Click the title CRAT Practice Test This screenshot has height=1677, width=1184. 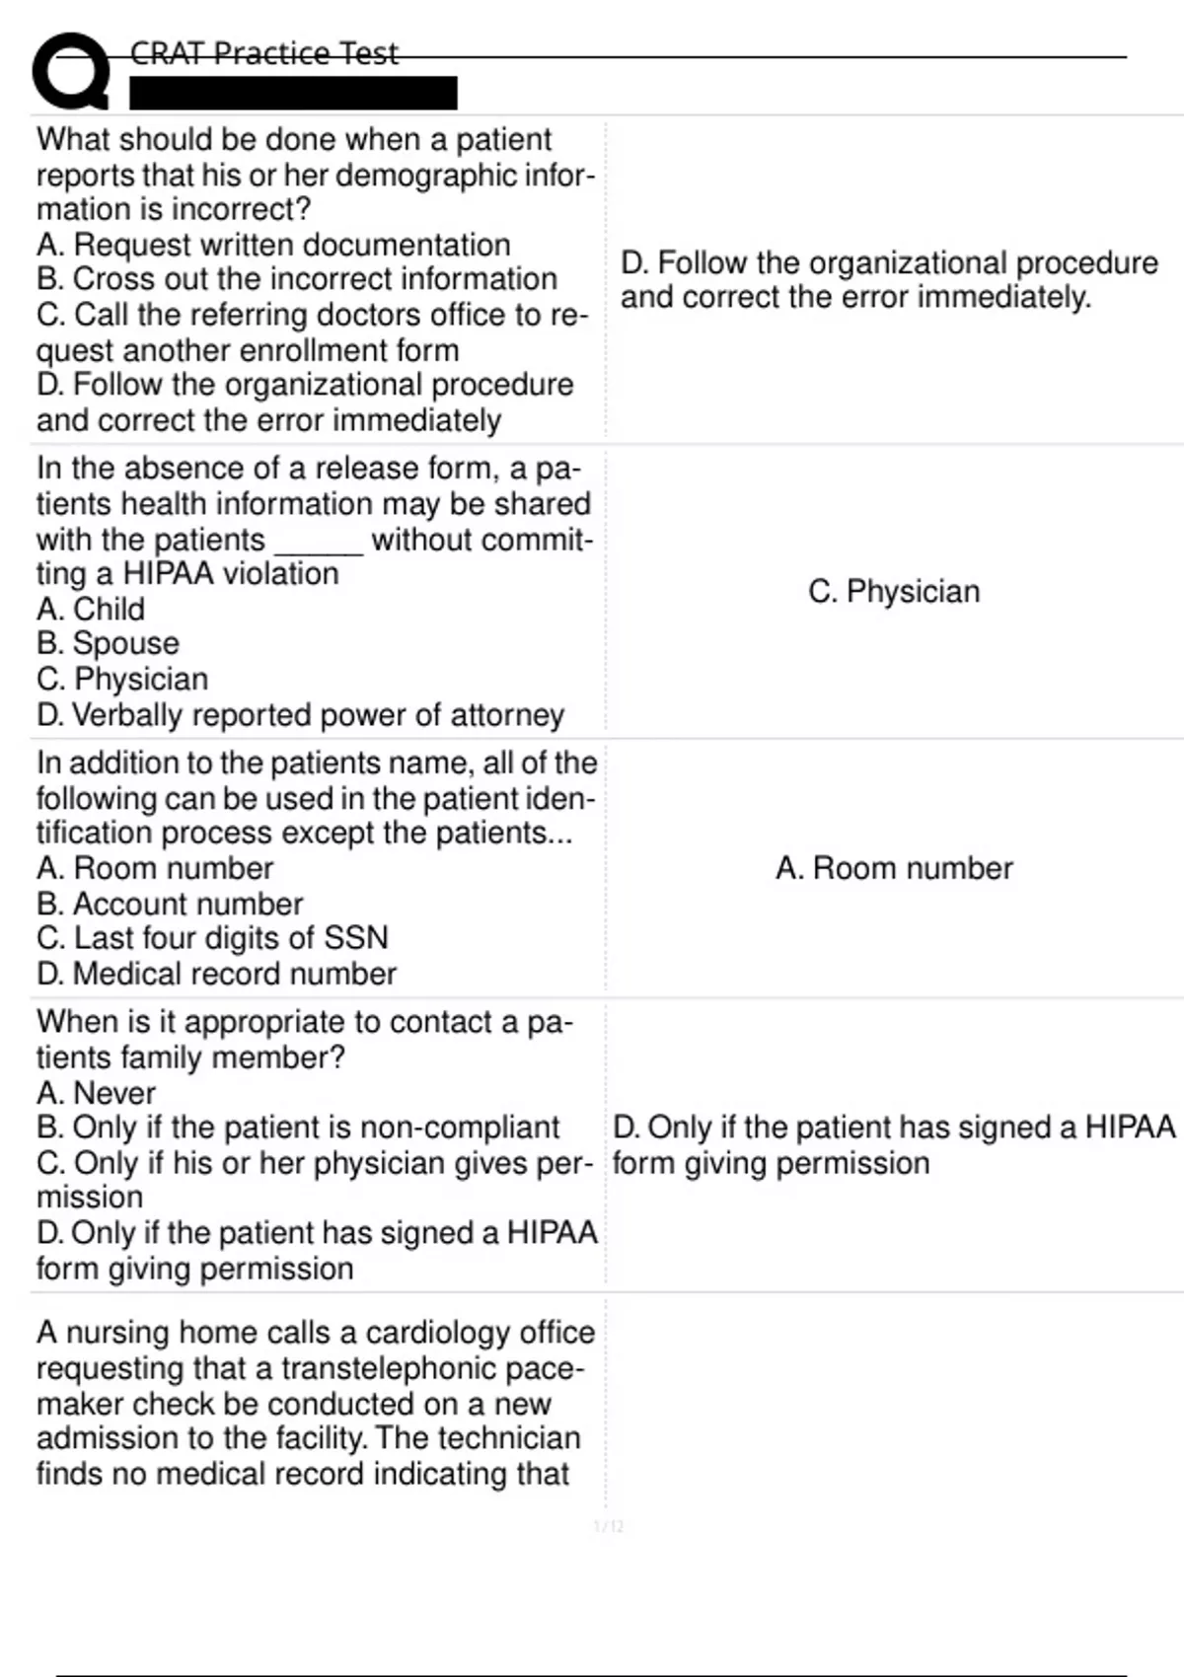tap(263, 52)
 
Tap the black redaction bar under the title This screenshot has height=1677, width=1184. tap(293, 93)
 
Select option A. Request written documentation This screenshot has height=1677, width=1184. tap(273, 245)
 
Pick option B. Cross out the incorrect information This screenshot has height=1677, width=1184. tap(296, 279)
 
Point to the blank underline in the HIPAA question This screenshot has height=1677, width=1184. tap(319, 542)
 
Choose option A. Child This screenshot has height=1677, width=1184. tap(91, 609)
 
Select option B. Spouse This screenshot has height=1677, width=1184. tap(108, 643)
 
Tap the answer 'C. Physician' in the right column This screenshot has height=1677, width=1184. tap(894, 591)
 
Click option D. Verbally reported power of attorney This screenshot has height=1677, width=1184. tap(300, 714)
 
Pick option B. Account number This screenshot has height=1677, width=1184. tap(170, 904)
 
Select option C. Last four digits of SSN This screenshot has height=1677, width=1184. tap(212, 937)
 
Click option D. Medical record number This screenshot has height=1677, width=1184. tap(216, 974)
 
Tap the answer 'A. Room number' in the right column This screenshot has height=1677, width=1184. tap(894, 868)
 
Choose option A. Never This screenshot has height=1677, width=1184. tap(96, 1093)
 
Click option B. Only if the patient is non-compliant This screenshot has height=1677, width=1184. tap(298, 1128)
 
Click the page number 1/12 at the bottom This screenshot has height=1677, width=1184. tap(609, 1527)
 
